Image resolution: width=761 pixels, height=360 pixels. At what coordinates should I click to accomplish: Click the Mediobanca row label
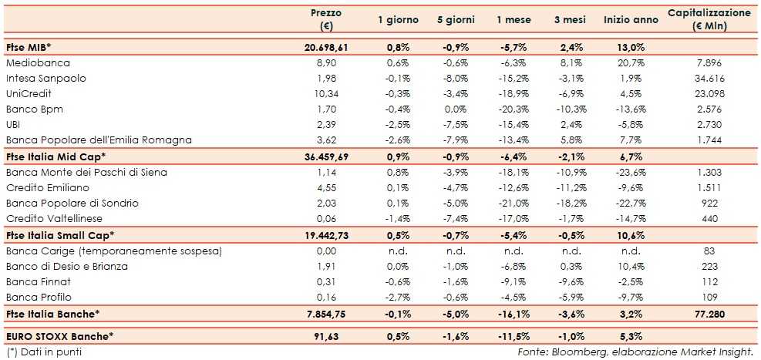pyautogui.click(x=38, y=62)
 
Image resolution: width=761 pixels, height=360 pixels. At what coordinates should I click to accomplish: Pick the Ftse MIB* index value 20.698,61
pyautogui.click(x=325, y=47)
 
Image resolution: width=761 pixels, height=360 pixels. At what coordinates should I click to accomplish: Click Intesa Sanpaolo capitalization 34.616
pyautogui.click(x=708, y=78)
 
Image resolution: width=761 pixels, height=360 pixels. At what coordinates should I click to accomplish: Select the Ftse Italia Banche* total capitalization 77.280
pyautogui.click(x=708, y=314)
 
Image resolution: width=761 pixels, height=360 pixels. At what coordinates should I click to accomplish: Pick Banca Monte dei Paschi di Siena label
pyautogui.click(x=86, y=172)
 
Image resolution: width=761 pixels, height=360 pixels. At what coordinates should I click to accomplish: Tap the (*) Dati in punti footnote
pyautogui.click(x=43, y=352)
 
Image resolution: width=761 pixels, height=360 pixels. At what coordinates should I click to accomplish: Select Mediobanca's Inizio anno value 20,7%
pyautogui.click(x=631, y=62)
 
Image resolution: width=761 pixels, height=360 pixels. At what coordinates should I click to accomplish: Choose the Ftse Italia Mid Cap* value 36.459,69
pyautogui.click(x=325, y=156)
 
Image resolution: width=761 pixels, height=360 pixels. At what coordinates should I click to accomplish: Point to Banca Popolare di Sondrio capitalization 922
pyautogui.click(x=708, y=203)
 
